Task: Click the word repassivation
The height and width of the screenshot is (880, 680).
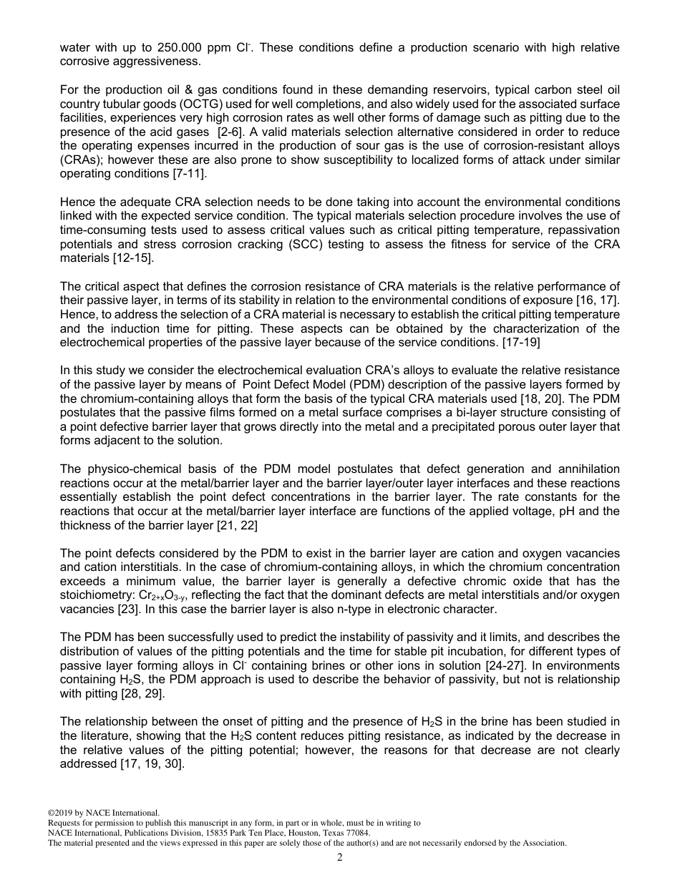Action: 570,230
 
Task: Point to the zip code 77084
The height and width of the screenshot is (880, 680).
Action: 357,833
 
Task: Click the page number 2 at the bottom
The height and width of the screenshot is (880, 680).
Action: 339,857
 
